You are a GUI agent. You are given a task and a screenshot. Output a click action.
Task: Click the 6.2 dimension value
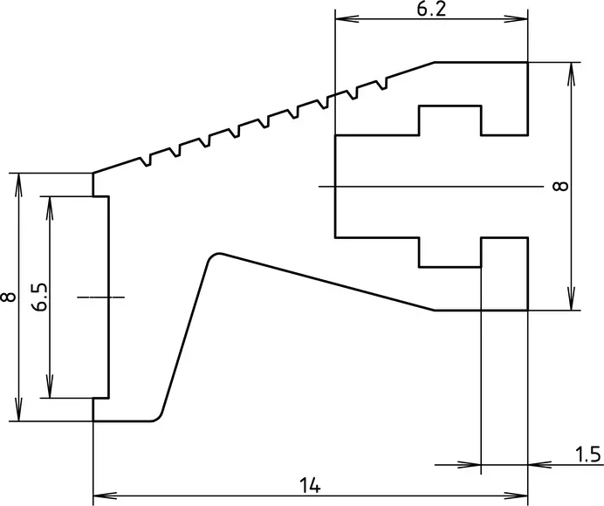pos(431,10)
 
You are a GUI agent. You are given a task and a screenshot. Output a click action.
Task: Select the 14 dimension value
pos(310,486)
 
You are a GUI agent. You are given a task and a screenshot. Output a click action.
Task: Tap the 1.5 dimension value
pos(588,455)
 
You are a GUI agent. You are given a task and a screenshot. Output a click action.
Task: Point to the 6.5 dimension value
pos(39,297)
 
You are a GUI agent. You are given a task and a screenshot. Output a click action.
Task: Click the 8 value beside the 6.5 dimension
pos(9,297)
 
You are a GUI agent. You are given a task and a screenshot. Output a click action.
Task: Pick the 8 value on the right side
pos(560,187)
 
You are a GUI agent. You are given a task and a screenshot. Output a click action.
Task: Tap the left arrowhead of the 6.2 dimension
pos(347,19)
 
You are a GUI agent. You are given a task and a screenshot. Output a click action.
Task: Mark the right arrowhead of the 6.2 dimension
pos(516,19)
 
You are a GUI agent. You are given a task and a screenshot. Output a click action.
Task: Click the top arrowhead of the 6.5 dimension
pos(50,208)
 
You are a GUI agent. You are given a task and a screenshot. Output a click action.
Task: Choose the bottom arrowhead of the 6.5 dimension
pos(50,386)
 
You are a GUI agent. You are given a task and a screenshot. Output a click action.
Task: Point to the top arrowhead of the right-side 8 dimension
pos(572,73)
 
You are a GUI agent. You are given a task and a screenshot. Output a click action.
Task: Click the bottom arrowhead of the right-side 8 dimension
pos(572,298)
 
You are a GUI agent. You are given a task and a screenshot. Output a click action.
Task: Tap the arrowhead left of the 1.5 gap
pos(470,465)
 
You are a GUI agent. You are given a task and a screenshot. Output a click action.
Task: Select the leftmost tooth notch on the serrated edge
pos(147,161)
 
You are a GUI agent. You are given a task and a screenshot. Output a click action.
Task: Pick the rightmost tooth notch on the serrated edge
pos(383,84)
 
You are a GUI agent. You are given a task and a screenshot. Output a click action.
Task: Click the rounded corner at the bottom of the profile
pos(157,417)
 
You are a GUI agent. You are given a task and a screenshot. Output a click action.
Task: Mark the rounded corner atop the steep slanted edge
pos(213,256)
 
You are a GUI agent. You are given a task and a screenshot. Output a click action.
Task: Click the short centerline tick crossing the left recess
pos(101,297)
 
